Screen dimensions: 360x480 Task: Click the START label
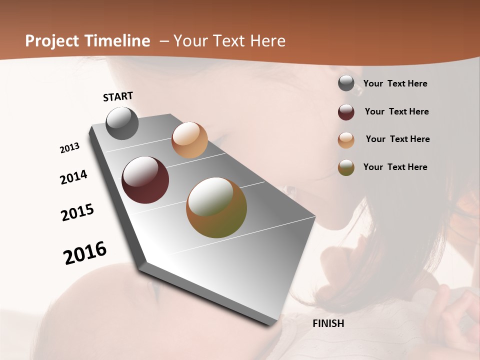pyautogui.click(x=118, y=96)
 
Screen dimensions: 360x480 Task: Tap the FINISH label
pyautogui.click(x=328, y=323)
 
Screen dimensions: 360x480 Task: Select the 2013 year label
pyautogui.click(x=69, y=148)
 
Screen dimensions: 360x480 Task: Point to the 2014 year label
pyautogui.click(x=74, y=177)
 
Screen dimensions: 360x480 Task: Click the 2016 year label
pyautogui.click(x=85, y=252)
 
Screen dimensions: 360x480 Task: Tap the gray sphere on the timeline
pyautogui.click(x=122, y=123)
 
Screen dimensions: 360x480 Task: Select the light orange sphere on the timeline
pyautogui.click(x=189, y=140)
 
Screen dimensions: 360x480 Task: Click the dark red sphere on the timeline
pyautogui.click(x=145, y=180)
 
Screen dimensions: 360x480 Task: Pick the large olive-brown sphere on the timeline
pyautogui.click(x=216, y=207)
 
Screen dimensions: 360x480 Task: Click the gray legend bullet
pyautogui.click(x=346, y=83)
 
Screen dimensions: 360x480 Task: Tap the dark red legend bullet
pyautogui.click(x=346, y=111)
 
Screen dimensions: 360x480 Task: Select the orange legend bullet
pyautogui.click(x=346, y=139)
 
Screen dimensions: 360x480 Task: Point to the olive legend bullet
pyautogui.click(x=346, y=167)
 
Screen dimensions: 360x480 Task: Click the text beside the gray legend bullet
pyautogui.click(x=395, y=83)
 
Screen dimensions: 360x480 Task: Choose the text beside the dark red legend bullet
pyautogui.click(x=396, y=111)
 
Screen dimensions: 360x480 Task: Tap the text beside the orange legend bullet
pyautogui.click(x=397, y=139)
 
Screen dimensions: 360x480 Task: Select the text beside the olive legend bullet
pyautogui.click(x=395, y=167)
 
